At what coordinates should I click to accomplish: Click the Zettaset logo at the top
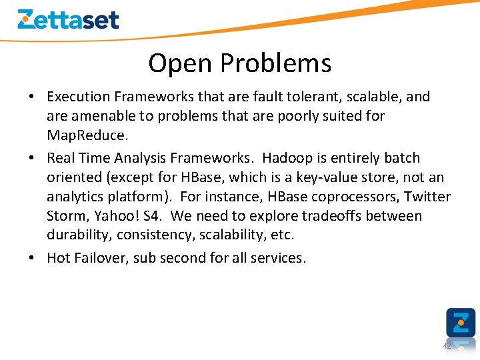[x=68, y=19]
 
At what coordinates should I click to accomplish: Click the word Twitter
[x=427, y=197]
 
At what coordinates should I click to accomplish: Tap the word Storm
[x=66, y=216]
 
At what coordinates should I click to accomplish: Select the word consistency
[x=151, y=235]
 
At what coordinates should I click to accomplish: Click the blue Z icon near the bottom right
[x=461, y=323]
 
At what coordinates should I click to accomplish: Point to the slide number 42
[x=447, y=346]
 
